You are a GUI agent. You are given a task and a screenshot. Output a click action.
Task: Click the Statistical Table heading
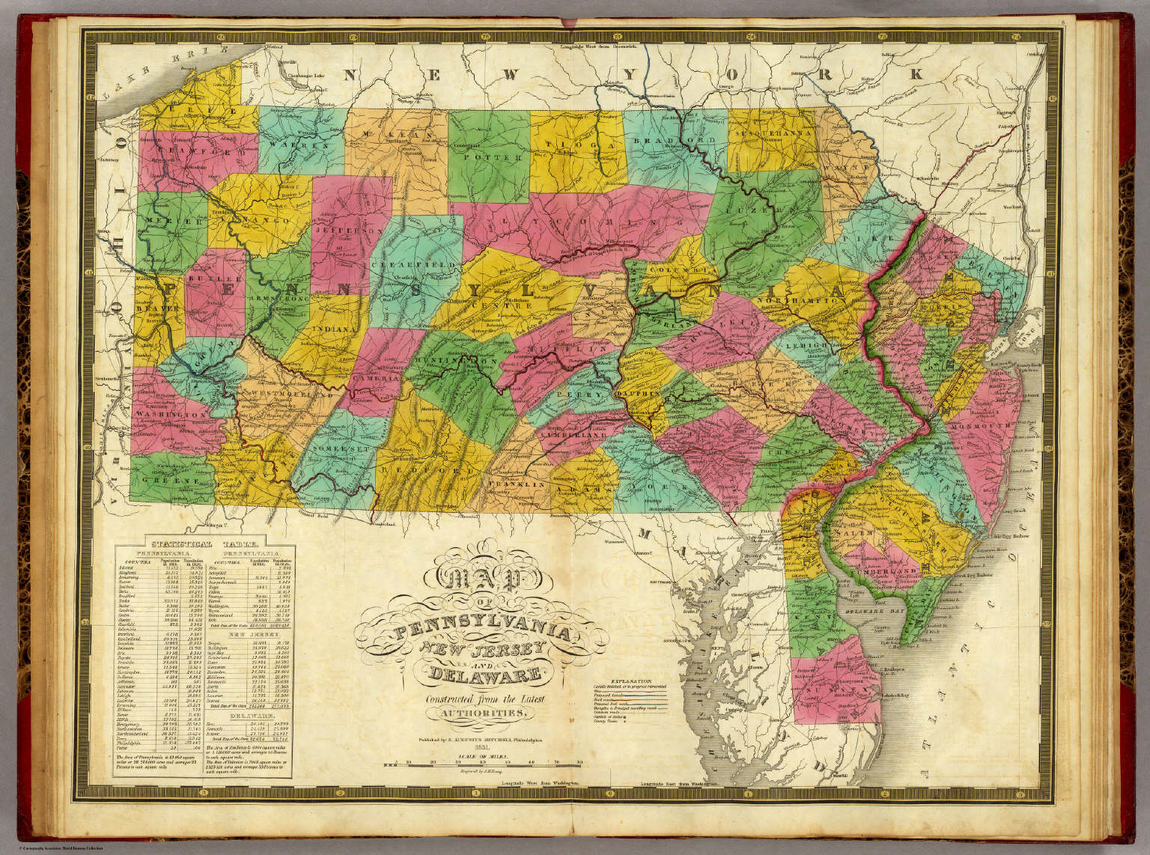[x=204, y=546]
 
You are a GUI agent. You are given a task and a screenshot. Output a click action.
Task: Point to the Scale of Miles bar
[x=483, y=764]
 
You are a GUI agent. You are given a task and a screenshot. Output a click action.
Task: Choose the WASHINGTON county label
[x=171, y=414]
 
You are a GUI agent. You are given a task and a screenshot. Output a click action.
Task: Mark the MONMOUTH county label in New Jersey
[x=988, y=425]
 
